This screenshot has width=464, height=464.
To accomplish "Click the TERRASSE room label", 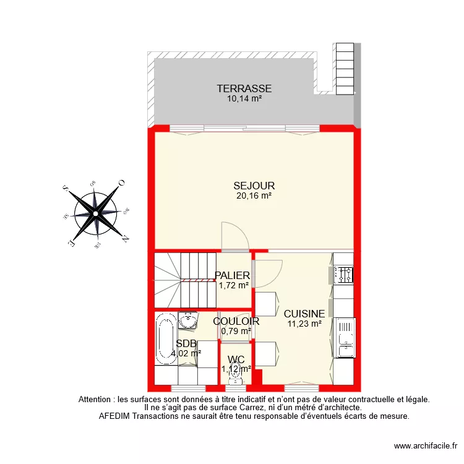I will (244, 88).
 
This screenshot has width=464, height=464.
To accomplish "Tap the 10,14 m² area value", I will (244, 98).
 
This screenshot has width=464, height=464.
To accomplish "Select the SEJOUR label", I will (254, 186).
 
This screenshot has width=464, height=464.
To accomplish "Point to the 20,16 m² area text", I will (254, 195).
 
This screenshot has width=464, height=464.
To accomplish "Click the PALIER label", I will (232, 275).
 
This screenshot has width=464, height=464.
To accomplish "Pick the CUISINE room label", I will (304, 313).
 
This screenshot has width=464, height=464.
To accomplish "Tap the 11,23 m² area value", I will (304, 322).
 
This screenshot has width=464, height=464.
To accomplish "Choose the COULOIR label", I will (236, 321).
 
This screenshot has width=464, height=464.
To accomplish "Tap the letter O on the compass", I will (122, 183).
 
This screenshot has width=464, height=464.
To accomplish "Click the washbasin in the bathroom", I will (187, 320).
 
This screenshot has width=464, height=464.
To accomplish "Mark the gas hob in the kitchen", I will (343, 274).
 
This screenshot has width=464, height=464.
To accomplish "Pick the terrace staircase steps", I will (344, 68).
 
